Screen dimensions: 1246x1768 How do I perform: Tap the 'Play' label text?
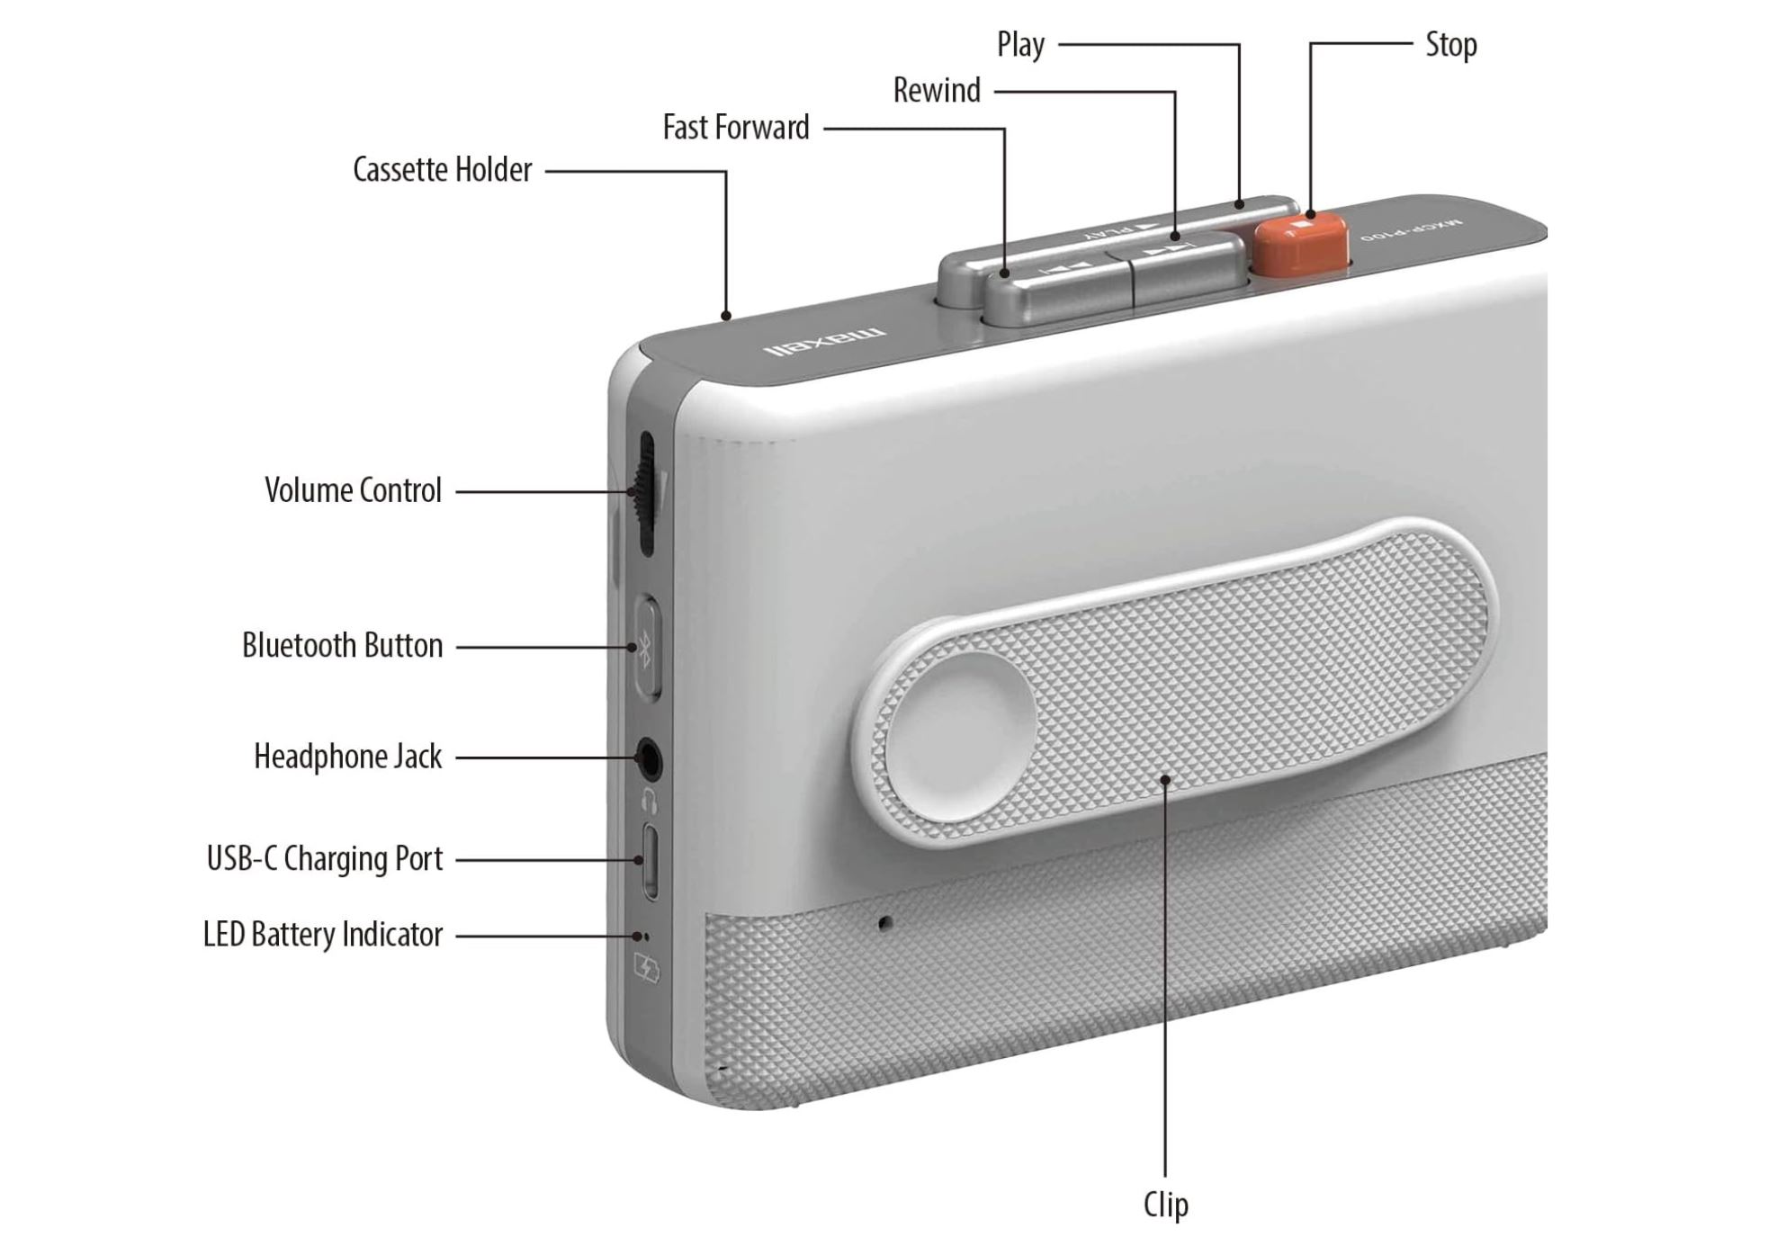(1020, 45)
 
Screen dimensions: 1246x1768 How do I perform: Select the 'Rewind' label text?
(936, 91)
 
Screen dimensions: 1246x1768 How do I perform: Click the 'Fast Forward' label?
(735, 128)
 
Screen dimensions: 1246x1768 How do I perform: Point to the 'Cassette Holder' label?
(442, 170)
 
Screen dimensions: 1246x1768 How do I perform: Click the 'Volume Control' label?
(353, 491)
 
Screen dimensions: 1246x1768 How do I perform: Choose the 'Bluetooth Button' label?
(342, 646)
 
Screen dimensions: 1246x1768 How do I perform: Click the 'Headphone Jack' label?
(347, 757)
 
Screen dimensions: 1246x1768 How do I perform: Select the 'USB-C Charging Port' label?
(324, 859)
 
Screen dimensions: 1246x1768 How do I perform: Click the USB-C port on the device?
(650, 861)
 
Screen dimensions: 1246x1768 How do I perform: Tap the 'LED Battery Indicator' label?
(322, 935)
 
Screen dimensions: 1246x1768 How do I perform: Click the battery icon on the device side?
(647, 969)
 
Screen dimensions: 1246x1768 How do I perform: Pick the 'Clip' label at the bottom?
(1165, 1205)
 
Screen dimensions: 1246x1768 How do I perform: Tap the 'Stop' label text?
(1450, 45)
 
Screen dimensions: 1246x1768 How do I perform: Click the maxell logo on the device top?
(824, 342)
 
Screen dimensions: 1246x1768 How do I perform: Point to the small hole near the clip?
(885, 923)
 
